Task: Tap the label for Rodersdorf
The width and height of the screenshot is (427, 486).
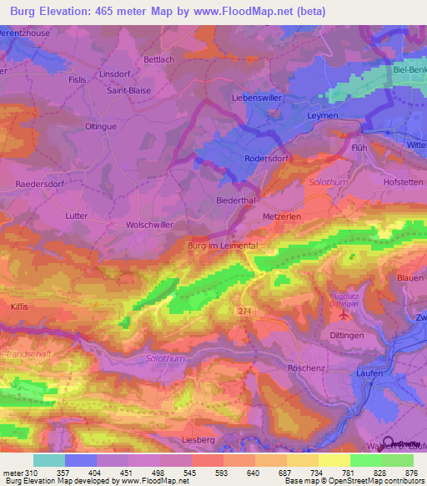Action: click(x=266, y=158)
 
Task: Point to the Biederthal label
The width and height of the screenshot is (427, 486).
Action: click(x=212, y=201)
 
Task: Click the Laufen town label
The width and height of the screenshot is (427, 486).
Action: click(x=369, y=373)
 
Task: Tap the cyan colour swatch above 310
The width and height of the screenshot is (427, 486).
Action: click(x=48, y=460)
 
